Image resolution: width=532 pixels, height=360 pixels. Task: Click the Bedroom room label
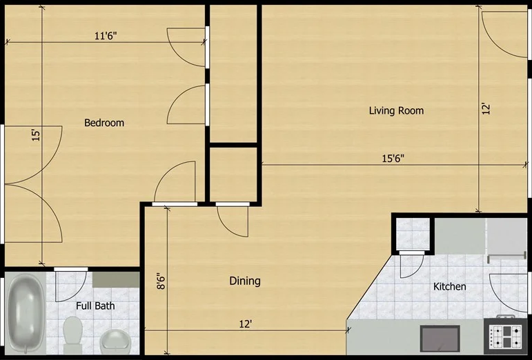pos(104,123)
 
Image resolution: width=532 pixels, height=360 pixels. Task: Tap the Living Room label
pos(396,110)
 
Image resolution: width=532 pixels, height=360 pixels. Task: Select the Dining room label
pos(245,281)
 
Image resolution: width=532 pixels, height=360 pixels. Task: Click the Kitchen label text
pos(449,286)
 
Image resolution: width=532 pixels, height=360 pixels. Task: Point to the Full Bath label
pos(95,306)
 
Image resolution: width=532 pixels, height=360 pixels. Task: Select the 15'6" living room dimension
pos(393,158)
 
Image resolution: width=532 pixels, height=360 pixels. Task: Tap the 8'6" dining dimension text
pos(161,282)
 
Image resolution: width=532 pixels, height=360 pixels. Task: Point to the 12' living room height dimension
pos(486,108)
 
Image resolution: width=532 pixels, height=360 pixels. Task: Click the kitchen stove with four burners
pos(506,337)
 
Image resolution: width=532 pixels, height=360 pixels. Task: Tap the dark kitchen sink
pos(440,339)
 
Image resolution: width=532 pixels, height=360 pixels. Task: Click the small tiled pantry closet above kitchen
pos(413,232)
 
